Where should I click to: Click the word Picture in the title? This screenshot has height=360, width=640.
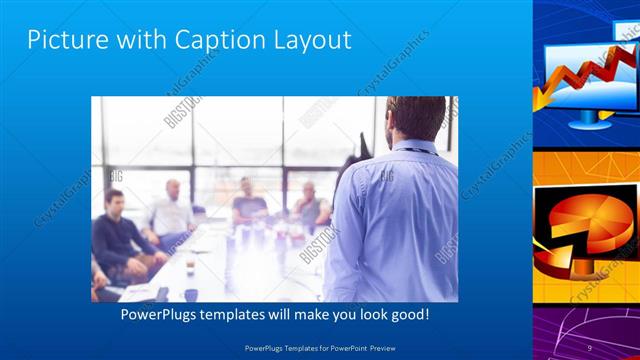tap(65, 40)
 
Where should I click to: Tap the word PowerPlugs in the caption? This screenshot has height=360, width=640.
tap(161, 314)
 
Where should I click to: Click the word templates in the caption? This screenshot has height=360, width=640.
tap(242, 314)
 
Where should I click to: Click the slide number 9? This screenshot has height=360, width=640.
tap(590, 347)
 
